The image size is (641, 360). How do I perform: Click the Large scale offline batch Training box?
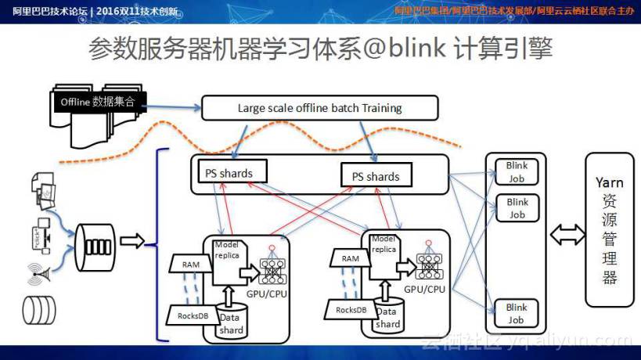pyautogui.click(x=319, y=108)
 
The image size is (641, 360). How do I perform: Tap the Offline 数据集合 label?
pyautogui.click(x=97, y=102)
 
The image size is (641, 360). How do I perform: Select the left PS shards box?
pyautogui.click(x=231, y=172)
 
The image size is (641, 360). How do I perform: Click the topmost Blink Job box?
pyautogui.click(x=517, y=171)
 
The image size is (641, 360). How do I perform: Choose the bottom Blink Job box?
pyautogui.click(x=517, y=313)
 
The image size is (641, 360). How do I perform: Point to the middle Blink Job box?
pyautogui.click(x=517, y=208)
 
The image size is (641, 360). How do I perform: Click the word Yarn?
pyautogui.click(x=609, y=182)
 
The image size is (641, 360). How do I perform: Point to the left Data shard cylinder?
pyautogui.click(x=231, y=322)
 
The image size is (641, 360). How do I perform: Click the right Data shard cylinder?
pyautogui.click(x=387, y=316)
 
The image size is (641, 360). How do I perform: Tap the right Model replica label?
pyautogui.click(x=383, y=244)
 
